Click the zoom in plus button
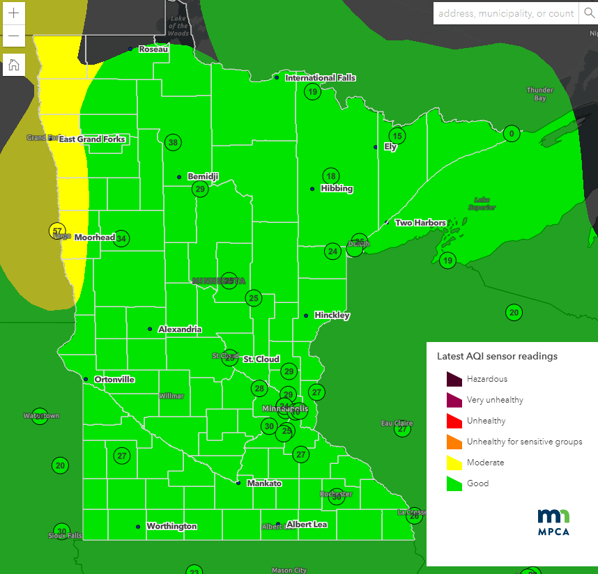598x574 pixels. pyautogui.click(x=13, y=13)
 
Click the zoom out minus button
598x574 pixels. pyautogui.click(x=13, y=36)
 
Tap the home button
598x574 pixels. pyautogui.click(x=13, y=65)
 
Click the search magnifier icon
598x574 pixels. pyautogui.click(x=588, y=13)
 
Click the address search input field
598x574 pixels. pyautogui.click(x=506, y=13)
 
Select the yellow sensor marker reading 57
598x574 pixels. pyautogui.click(x=58, y=231)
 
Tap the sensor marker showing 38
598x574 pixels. pyautogui.click(x=173, y=142)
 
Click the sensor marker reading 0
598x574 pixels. pyautogui.click(x=512, y=134)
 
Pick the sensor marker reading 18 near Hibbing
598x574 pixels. pyautogui.click(x=331, y=176)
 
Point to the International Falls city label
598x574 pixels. pyautogui.click(x=320, y=78)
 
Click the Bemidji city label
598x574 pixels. pyautogui.click(x=202, y=177)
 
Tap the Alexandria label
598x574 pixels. pyautogui.click(x=180, y=329)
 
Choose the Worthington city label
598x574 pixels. pyautogui.click(x=171, y=526)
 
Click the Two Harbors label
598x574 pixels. pyautogui.click(x=420, y=223)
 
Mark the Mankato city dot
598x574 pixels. pyautogui.click(x=238, y=483)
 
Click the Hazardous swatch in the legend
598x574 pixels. pyautogui.click(x=454, y=379)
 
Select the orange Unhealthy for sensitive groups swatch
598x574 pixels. pyautogui.click(x=454, y=442)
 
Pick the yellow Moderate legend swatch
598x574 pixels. pyautogui.click(x=454, y=463)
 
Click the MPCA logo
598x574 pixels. pyautogui.click(x=553, y=522)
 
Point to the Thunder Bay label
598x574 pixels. pyautogui.click(x=540, y=94)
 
